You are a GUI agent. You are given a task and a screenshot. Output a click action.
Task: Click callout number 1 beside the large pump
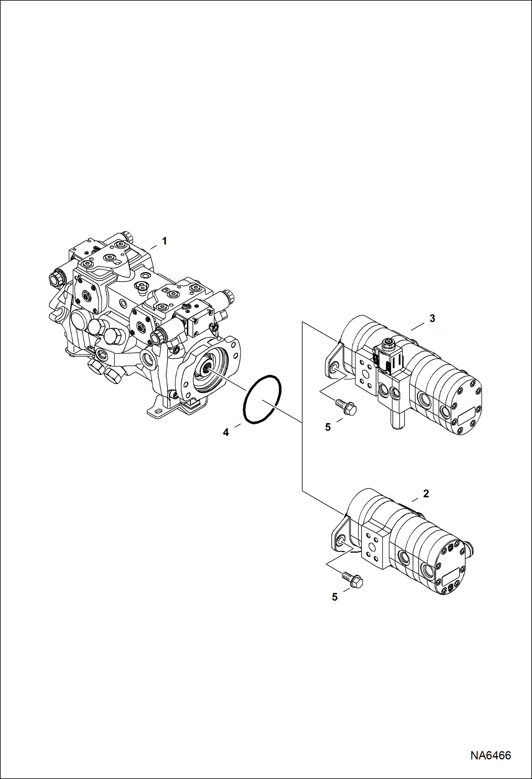point(164,241)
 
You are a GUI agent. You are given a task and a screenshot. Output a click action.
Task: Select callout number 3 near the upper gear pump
point(432,319)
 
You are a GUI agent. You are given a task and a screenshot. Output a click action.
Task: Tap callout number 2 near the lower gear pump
point(426,493)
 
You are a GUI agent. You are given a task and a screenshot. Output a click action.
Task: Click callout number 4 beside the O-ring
point(226,433)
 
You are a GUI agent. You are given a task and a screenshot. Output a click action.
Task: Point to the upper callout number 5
point(328,427)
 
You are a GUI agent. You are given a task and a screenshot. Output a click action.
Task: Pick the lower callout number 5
point(335,597)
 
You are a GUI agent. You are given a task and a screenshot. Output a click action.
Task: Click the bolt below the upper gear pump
point(346,406)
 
